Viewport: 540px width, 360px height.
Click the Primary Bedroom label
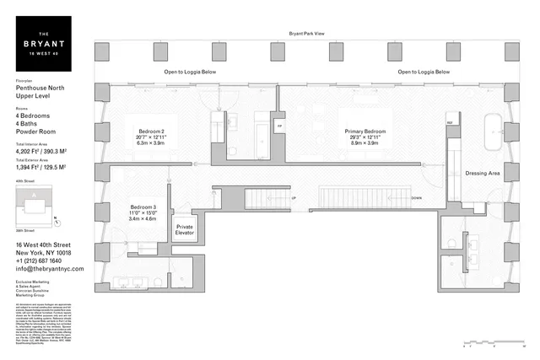365,137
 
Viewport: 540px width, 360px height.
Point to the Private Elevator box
185,231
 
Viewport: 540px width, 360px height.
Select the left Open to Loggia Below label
190,73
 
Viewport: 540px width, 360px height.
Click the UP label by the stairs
293,199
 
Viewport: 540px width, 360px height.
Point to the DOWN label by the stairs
416,199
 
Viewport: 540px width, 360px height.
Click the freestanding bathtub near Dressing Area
489,131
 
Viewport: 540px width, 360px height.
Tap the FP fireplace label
279,126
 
